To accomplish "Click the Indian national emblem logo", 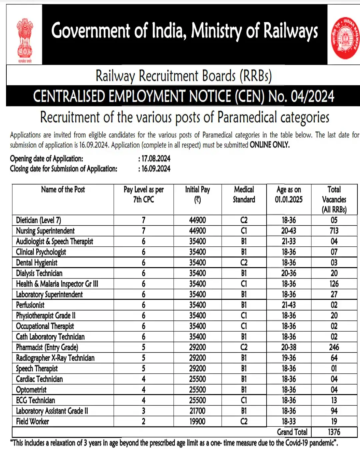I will click(25, 39).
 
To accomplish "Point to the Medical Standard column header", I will click(244, 194).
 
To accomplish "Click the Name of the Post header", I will click(63, 189).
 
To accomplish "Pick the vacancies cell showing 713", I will click(334, 231).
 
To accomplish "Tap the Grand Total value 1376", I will click(334, 432).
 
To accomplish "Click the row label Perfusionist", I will click(30, 305).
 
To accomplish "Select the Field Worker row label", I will click(33, 421).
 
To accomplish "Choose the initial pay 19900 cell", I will click(197, 421).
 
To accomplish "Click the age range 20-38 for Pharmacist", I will click(289, 347).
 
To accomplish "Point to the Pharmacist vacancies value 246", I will click(334, 347).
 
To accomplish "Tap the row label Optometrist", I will click(31, 390).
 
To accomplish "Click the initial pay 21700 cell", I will click(197, 411).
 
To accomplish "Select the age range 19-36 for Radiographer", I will click(289, 358).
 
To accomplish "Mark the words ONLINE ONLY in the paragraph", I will click(270, 145).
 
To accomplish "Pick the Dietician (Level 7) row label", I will click(39, 220).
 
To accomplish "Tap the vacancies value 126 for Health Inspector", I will click(334, 284).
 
